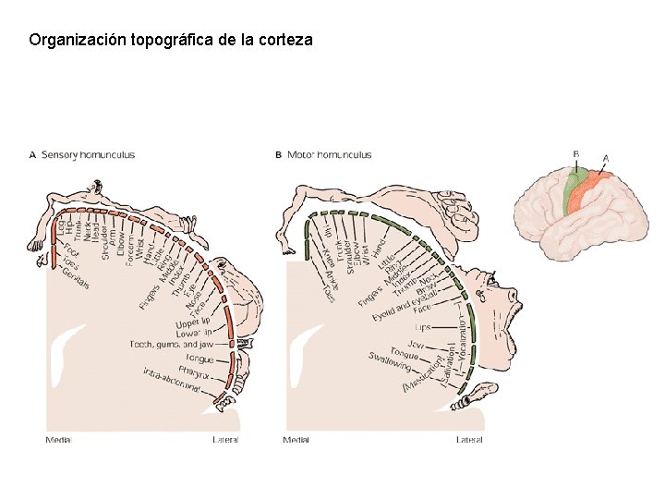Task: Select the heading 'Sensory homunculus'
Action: [x=89, y=154]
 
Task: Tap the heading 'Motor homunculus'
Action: [x=330, y=154]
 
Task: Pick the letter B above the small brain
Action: [x=576, y=153]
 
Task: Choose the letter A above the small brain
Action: [x=605, y=158]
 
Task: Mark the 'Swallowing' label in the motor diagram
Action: [x=389, y=361]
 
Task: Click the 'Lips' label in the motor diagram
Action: [x=421, y=327]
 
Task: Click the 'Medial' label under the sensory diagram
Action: [x=57, y=440]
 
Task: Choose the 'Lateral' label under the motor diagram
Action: [x=468, y=440]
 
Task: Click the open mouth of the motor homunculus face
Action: [x=506, y=320]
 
